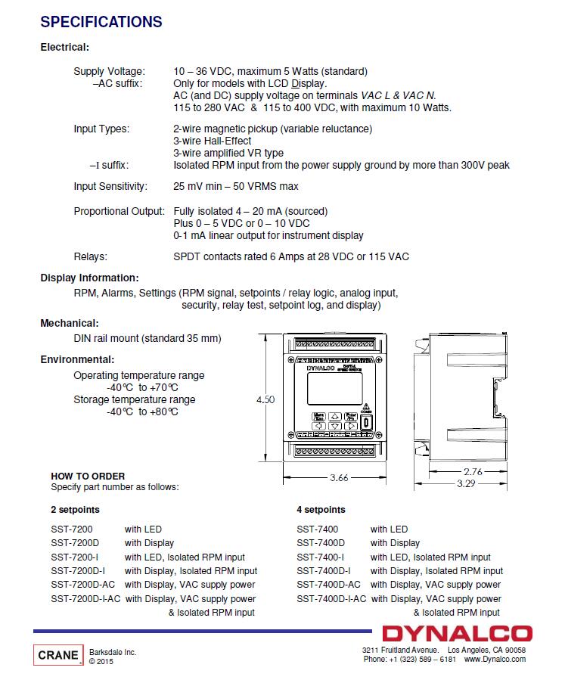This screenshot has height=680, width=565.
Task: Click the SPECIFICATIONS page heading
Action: coord(101,22)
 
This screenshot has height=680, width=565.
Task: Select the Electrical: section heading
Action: coord(64,47)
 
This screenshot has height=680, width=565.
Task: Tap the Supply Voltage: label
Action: coord(109,71)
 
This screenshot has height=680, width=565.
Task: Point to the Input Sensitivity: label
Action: coord(110,186)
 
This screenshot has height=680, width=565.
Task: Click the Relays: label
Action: coord(90,256)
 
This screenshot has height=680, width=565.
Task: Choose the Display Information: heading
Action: coord(89,278)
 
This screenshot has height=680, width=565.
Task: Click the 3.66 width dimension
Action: coord(340,477)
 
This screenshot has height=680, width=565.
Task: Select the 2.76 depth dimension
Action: coord(473,471)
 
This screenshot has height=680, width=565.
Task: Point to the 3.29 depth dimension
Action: coord(466,483)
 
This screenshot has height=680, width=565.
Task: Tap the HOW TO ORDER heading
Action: coord(88,476)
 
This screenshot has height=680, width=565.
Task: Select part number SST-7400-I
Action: coord(320,557)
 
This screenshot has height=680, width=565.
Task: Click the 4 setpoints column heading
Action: coord(321,510)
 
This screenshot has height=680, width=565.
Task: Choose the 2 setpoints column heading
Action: coord(75,510)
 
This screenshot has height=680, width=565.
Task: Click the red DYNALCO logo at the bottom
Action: coord(457,634)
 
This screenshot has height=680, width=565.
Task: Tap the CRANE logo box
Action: coord(57,654)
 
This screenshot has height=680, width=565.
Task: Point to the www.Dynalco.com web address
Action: coord(495,659)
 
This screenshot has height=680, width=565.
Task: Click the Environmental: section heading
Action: coord(77,359)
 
